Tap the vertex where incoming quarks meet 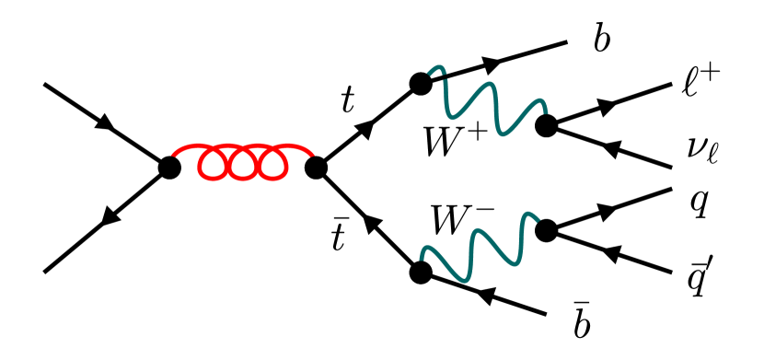tap(169, 168)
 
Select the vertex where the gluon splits tap(316, 168)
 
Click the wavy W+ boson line tap(488, 106)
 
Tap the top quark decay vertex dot tap(421, 84)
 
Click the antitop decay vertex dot tap(422, 273)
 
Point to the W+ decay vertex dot tap(546, 124)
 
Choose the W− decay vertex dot tap(546, 229)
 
